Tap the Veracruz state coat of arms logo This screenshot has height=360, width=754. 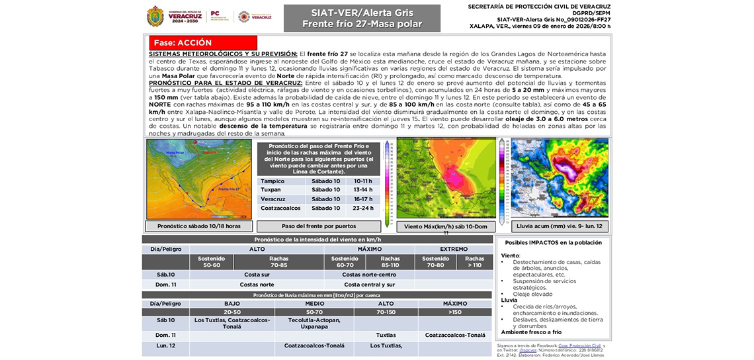pos(155,16)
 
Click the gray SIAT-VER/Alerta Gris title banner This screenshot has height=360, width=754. pos(362,19)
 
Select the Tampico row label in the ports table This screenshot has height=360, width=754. pos(272,181)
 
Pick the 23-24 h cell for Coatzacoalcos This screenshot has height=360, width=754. pos(363,208)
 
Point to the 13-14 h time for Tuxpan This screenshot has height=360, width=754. pos(363,190)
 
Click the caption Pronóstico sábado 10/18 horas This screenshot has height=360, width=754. pos(199,226)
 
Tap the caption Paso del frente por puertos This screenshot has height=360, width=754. pos(319,226)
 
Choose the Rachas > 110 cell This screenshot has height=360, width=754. pos(474,262)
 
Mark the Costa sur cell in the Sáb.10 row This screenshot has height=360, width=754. pos(257,274)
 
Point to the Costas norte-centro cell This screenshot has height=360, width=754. pos(369,274)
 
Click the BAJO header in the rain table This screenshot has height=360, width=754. pos(232,303)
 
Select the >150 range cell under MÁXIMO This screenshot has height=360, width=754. pos(454,312)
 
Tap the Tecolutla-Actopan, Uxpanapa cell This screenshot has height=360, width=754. pos(314,324)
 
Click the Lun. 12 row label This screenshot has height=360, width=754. pos(166,345)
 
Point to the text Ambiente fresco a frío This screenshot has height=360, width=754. pos(531,332)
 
